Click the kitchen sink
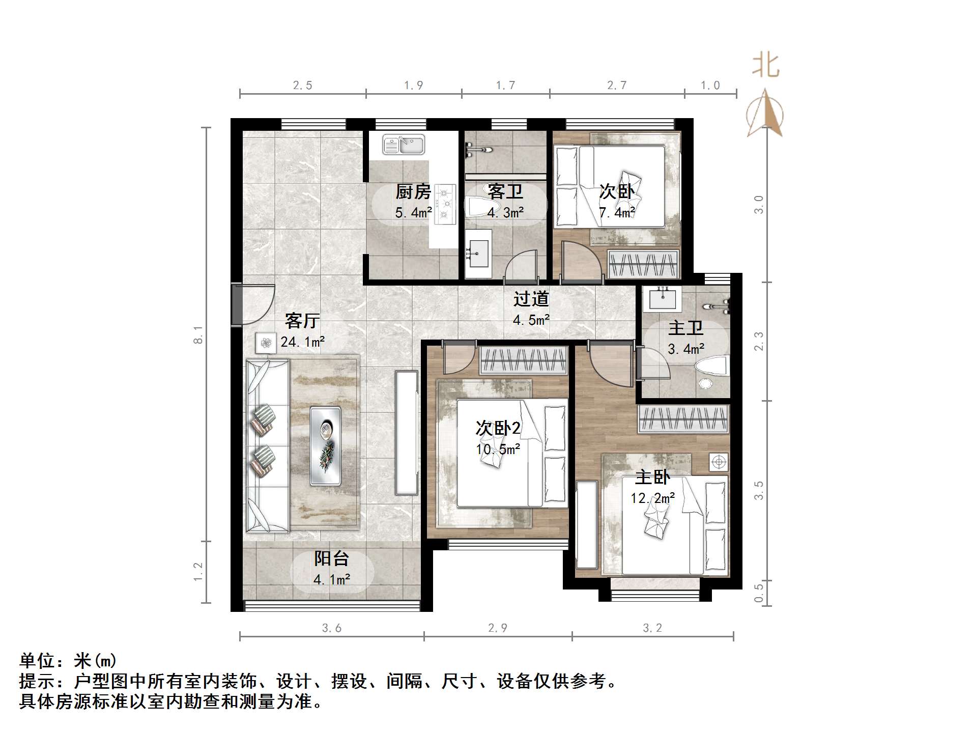tap(404, 145)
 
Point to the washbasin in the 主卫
tap(663, 299)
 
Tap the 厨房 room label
tap(413, 192)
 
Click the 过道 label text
tap(531, 299)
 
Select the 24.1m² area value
tap(302, 342)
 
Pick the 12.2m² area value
tap(652, 498)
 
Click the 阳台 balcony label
tap(331, 558)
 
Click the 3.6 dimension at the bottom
tap(331, 628)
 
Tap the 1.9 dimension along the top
tap(413, 86)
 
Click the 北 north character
tap(766, 66)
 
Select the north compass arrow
tap(765, 115)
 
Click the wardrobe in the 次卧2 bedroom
tap(523, 360)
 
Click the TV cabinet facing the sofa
tap(406, 433)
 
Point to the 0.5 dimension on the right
tap(758, 593)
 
